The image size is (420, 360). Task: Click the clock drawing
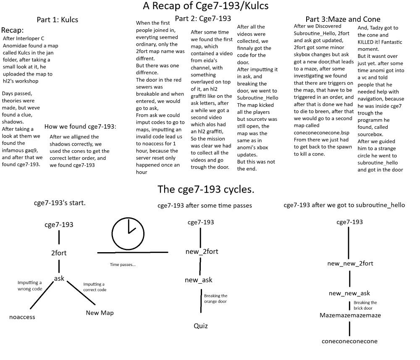pos(112,234)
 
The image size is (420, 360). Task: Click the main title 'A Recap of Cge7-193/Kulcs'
pos(205,6)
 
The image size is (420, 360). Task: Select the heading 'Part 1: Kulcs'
pos(57,20)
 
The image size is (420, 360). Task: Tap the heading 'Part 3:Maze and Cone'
pos(343,19)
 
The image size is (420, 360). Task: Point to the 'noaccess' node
pos(22,317)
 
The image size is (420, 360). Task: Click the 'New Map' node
pos(100,313)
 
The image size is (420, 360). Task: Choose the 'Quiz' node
pos(201,326)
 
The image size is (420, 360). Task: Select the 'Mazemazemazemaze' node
pos(350,315)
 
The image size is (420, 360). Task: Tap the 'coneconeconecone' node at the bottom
pos(349,341)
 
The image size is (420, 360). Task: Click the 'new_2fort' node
pos(202,252)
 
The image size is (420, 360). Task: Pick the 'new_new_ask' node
pos(349,293)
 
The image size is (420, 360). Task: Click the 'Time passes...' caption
pos(123,265)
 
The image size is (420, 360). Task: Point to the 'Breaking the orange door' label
pos(215,298)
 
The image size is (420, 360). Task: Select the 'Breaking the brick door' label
pos(365,305)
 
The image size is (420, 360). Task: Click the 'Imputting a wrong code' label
pos(30,286)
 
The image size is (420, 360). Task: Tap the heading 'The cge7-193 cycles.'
pos(206,189)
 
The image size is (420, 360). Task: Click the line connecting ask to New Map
pos(81,293)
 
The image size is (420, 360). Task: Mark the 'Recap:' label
pos(12,30)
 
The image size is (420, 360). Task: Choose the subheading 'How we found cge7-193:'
pos(80,127)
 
